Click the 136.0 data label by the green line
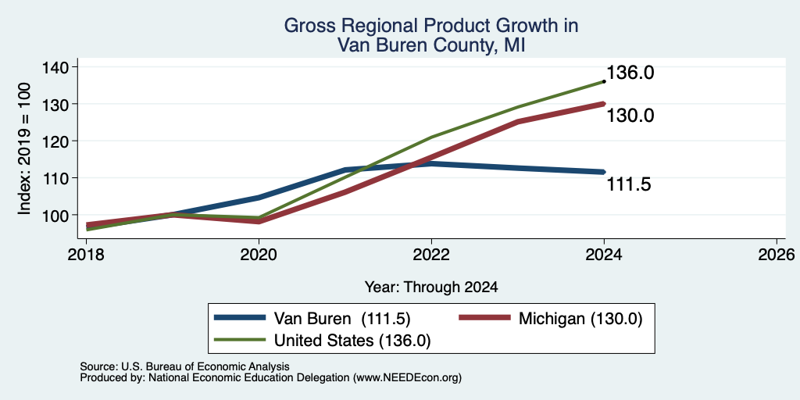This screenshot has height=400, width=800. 630,73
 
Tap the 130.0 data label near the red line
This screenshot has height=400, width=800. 630,116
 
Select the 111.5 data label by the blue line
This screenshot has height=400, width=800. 629,184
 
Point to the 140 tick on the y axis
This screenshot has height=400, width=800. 58,67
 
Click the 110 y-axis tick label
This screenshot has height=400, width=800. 58,177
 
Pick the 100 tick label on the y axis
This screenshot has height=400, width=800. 58,215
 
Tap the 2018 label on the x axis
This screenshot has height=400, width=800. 86,254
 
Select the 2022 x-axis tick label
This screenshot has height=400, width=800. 431,254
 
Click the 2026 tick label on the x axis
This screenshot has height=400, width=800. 777,254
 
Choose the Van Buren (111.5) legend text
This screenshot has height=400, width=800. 342,319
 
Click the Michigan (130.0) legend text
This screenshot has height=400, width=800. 580,319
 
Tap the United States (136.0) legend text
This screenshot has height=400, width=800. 352,341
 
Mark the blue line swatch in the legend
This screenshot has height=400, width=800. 241,318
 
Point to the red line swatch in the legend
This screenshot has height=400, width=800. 484,318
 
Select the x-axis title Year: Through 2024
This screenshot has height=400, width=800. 431,287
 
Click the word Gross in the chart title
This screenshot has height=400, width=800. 309,25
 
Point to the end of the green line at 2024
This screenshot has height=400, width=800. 604,81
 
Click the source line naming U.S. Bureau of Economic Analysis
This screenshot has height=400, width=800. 184,366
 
